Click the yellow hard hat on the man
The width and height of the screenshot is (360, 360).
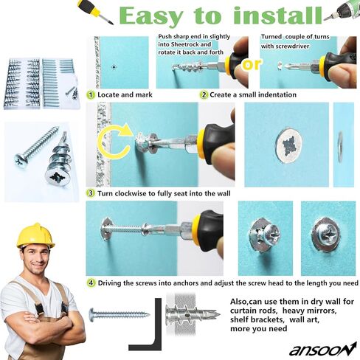click(35, 235)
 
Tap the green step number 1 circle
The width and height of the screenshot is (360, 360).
click(91, 95)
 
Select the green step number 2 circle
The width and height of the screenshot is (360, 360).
click(204, 95)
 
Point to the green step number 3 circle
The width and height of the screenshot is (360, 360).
click(91, 193)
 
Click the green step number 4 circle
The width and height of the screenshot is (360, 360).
click(91, 283)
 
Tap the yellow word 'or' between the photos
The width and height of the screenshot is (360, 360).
click(252, 63)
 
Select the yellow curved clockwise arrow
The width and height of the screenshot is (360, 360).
click(111, 140)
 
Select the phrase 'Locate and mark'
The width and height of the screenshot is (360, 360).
click(125, 95)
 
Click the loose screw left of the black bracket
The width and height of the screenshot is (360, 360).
click(118, 314)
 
